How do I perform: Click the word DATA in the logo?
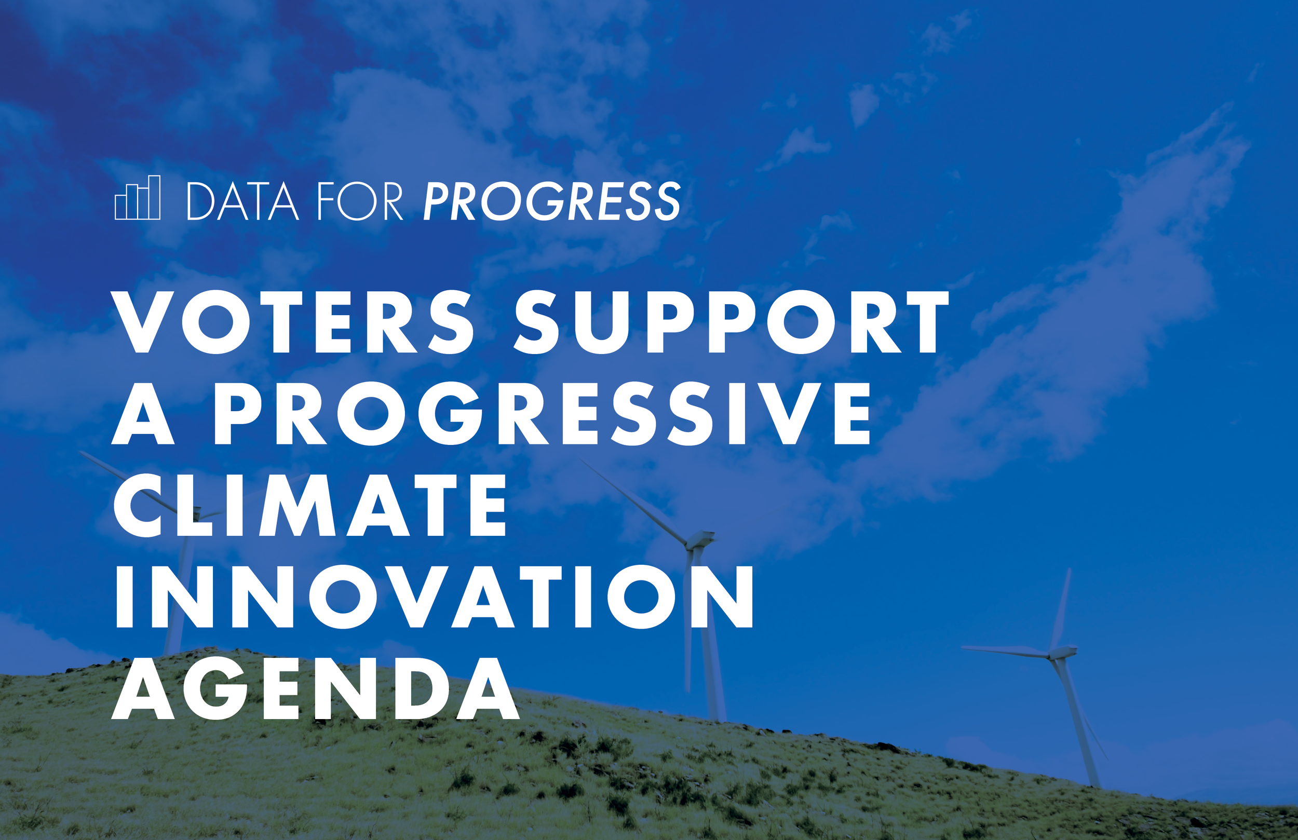(242, 201)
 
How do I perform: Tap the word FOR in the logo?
(360, 201)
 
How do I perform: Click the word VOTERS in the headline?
(293, 322)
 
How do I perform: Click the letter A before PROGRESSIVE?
(143, 413)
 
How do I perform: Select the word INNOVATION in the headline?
(434, 596)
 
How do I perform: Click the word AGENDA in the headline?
(315, 688)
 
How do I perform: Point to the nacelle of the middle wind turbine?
(701, 539)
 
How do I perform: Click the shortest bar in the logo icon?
(120, 208)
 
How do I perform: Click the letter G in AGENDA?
(214, 688)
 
